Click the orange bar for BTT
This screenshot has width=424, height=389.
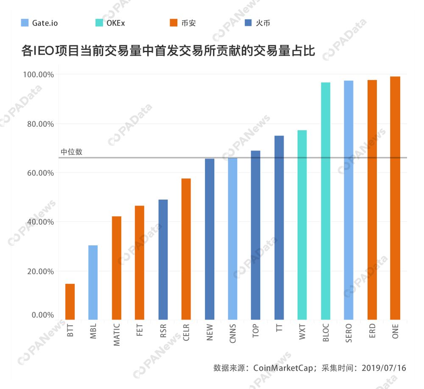click(70, 301)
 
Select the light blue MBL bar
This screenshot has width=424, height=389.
click(93, 282)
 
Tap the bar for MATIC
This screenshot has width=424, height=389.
click(116, 267)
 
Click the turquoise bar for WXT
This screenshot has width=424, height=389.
click(302, 225)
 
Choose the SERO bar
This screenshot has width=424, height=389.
click(349, 200)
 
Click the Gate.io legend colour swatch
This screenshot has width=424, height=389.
click(25, 23)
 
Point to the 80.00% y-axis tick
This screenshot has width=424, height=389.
click(39, 124)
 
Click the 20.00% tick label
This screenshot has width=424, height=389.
click(39, 271)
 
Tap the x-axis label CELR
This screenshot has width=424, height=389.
click(186, 333)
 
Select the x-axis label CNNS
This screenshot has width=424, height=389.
click(233, 333)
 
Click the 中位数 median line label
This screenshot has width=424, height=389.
click(71, 152)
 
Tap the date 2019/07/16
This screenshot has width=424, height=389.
click(383, 368)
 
